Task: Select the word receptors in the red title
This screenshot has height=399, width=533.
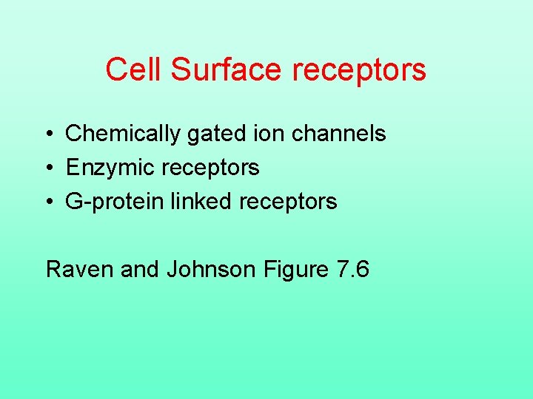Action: pos(360,69)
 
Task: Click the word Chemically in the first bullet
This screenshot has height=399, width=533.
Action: pos(123,134)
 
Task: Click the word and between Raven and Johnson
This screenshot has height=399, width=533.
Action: pos(140,270)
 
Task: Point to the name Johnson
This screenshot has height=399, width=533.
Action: pos(212,270)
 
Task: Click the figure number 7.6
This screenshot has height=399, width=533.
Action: pos(352,270)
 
